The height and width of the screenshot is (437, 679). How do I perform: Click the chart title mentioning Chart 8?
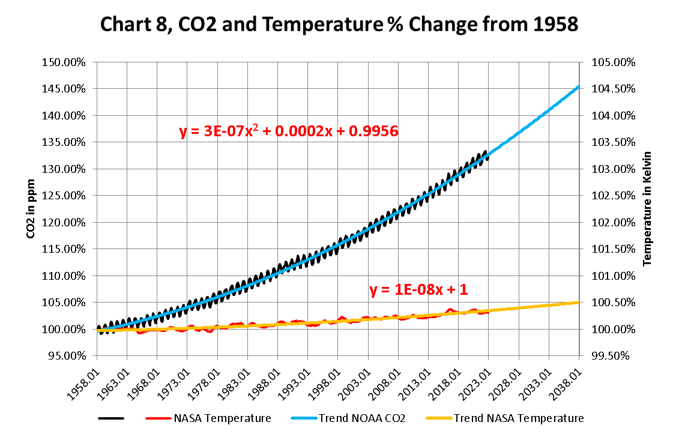[x=340, y=25]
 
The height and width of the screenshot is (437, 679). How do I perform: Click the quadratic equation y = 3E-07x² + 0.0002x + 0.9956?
[x=289, y=131]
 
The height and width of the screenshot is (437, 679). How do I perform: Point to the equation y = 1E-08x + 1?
[x=418, y=290]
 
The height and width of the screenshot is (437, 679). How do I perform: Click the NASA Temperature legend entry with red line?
[x=222, y=418]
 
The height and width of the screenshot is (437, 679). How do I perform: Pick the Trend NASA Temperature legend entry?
[x=518, y=418]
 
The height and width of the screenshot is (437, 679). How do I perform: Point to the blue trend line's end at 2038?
[x=578, y=87]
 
